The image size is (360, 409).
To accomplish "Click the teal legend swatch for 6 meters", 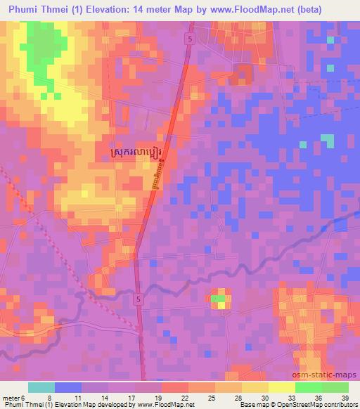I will coord(42,387).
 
